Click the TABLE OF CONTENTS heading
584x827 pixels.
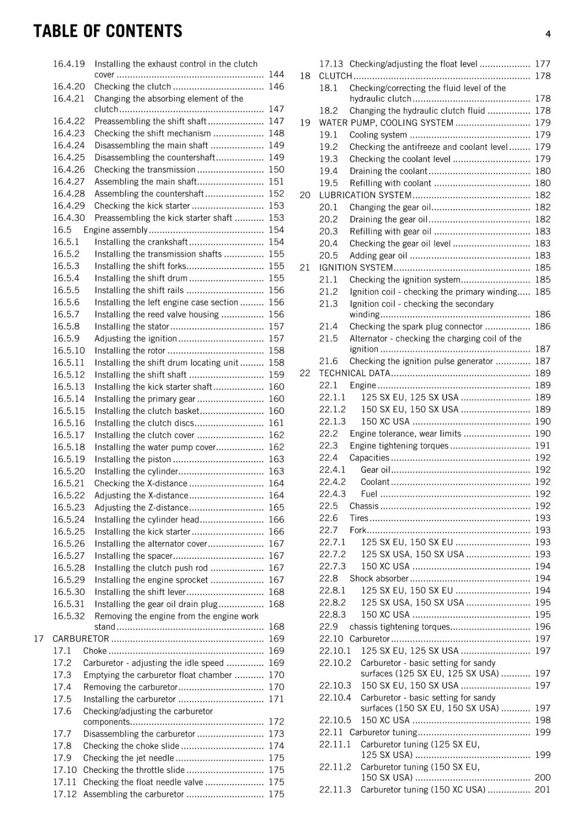pos(107,31)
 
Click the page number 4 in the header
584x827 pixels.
pos(548,34)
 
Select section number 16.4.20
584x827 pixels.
pos(69,87)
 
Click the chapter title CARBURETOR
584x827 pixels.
pos(81,639)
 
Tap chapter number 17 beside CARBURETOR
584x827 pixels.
pos(39,639)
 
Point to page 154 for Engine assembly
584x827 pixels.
pos(276,230)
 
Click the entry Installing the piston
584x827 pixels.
pos(132,460)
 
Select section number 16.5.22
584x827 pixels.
pos(69,496)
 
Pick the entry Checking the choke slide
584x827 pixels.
pos(131,746)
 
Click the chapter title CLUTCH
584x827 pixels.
pos(335,76)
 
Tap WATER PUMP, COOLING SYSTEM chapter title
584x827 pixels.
pos(386,123)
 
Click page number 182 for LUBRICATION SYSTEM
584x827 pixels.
pos(543,195)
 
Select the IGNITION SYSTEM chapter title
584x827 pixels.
pos(356,268)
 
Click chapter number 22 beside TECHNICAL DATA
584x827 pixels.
pos(305,373)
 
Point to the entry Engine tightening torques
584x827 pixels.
pos(399,446)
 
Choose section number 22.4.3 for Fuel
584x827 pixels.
pos(332,494)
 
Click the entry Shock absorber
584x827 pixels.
pos(379,578)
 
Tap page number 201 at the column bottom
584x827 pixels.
pos(543,789)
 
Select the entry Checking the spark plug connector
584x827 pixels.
pos(416,327)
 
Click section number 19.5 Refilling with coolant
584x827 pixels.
pos(328,183)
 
